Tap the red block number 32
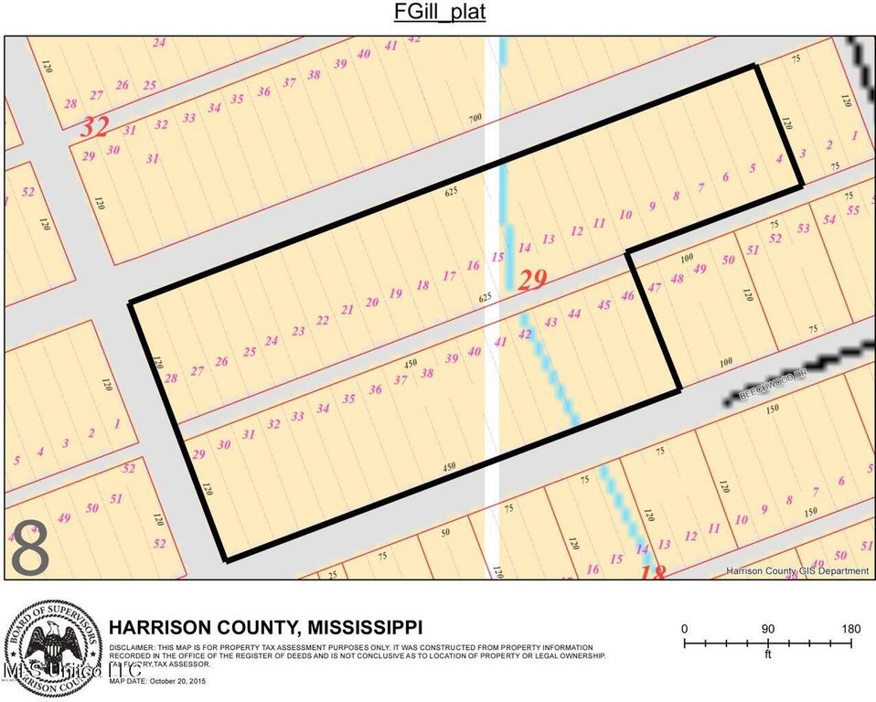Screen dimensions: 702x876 (x=94, y=127)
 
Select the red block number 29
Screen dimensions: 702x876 (x=533, y=280)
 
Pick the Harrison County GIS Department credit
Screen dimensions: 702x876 (x=797, y=571)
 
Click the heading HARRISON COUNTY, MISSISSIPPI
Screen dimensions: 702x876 (x=265, y=628)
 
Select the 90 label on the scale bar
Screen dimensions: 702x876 (x=768, y=629)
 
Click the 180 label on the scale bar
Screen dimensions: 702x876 (x=851, y=629)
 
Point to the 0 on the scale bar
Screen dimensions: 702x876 (x=685, y=629)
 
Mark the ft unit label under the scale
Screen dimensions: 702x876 (x=768, y=654)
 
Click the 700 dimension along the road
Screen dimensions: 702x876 (x=475, y=119)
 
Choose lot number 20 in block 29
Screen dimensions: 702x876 (x=371, y=303)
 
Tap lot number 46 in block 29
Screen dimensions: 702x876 (x=627, y=296)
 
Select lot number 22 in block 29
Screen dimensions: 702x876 (x=322, y=320)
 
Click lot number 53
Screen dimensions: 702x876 (x=804, y=229)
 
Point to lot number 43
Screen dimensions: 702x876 (x=550, y=323)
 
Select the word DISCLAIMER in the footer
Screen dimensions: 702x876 (x=132, y=647)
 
